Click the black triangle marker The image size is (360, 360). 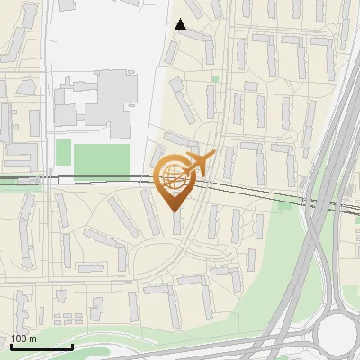coord(181,24)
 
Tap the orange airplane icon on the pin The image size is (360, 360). coord(199,163)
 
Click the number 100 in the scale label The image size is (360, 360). coord(19,338)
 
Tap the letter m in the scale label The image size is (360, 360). coord(33,338)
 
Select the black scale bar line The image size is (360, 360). coord(41,346)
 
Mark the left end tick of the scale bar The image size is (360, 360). coord(11,345)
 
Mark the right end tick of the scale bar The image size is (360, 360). coord(72,345)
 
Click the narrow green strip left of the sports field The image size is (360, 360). coord(62,152)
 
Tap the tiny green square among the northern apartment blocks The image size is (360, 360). coord(215,78)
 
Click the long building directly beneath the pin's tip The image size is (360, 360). coord(176,226)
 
